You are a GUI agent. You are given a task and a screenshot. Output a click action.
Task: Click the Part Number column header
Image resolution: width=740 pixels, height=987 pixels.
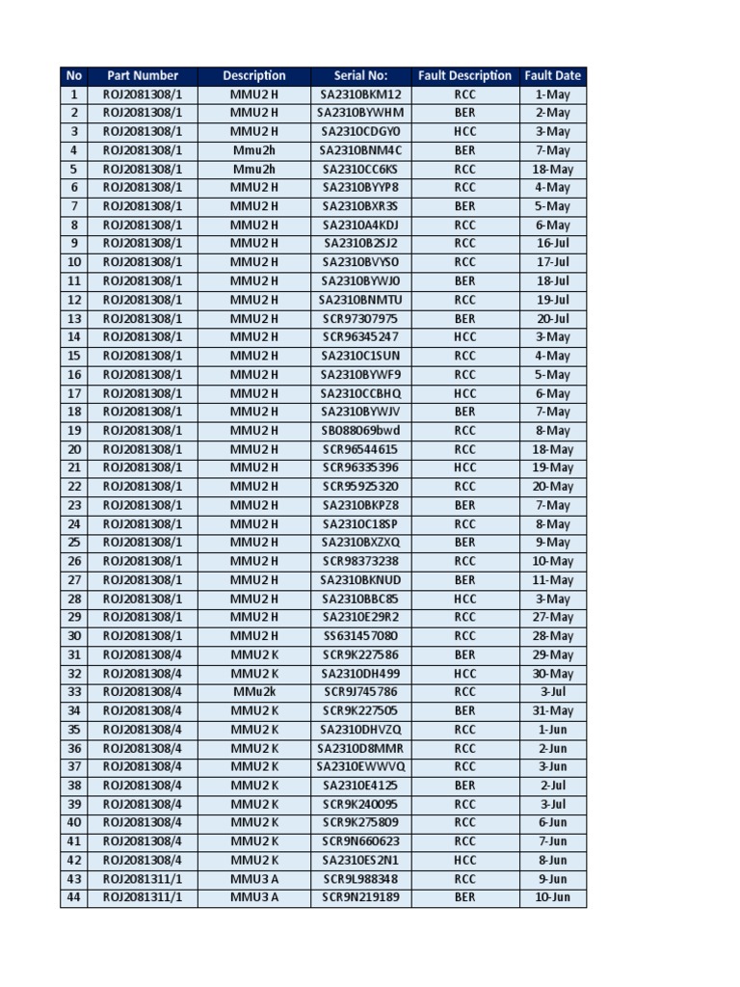pyautogui.click(x=143, y=75)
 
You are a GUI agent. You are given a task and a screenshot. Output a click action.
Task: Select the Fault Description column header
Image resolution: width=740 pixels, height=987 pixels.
pyautogui.click(x=464, y=75)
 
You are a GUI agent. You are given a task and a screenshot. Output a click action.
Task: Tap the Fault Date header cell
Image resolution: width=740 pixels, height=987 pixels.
pyautogui.click(x=553, y=75)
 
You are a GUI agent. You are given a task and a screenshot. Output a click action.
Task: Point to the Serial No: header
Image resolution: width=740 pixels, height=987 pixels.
pyautogui.click(x=360, y=75)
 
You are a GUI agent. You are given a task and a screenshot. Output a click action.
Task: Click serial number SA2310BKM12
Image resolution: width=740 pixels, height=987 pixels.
pyautogui.click(x=361, y=94)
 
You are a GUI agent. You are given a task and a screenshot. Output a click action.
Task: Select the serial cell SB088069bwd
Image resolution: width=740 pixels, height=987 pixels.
pyautogui.click(x=360, y=431)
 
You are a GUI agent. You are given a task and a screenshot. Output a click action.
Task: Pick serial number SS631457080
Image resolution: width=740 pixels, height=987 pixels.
pyautogui.click(x=360, y=636)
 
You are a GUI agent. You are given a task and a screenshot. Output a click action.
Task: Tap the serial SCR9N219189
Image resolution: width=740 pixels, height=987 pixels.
pyautogui.click(x=360, y=897)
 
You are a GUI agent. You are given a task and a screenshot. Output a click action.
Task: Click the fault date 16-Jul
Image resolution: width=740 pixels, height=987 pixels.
pyautogui.click(x=553, y=244)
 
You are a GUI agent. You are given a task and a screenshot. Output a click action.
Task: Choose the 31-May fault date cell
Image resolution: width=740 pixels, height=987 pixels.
pyautogui.click(x=553, y=711)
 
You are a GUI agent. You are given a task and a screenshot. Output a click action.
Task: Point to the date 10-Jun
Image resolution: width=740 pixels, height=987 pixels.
pyautogui.click(x=553, y=897)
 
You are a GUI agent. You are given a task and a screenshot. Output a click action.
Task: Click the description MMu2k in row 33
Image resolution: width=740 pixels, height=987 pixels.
pyautogui.click(x=254, y=692)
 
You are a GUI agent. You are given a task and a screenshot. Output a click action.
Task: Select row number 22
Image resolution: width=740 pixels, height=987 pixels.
pyautogui.click(x=74, y=487)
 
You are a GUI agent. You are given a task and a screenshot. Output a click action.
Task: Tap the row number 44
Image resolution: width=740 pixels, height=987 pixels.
pyautogui.click(x=74, y=897)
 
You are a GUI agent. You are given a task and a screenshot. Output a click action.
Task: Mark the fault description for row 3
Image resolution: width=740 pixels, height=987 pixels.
pyautogui.click(x=464, y=132)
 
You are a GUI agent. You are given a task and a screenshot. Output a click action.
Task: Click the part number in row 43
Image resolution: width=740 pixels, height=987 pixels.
pyautogui.click(x=143, y=879)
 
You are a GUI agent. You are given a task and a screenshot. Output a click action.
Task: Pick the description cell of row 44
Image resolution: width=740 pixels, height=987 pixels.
pyautogui.click(x=254, y=897)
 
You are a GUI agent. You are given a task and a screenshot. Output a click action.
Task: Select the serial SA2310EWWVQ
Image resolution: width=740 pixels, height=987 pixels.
pyautogui.click(x=360, y=767)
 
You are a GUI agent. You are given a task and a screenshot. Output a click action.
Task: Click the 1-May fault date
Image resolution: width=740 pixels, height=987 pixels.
pyautogui.click(x=553, y=94)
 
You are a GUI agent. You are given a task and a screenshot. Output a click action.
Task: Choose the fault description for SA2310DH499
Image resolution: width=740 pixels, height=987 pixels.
pyautogui.click(x=464, y=674)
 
